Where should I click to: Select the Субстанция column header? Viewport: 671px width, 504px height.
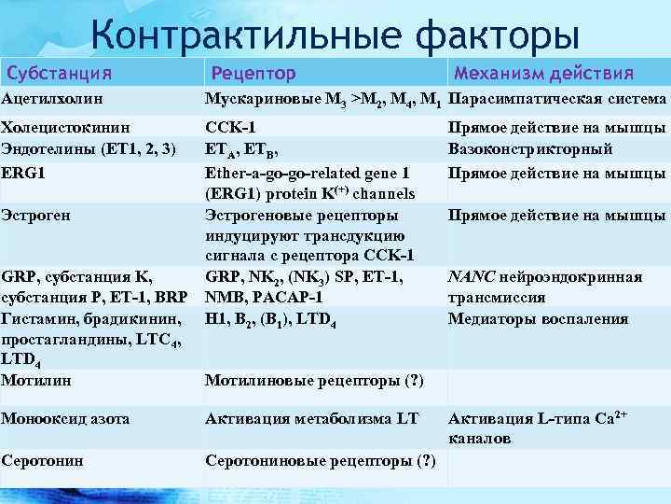(60, 73)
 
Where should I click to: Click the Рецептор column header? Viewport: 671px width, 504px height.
(253, 73)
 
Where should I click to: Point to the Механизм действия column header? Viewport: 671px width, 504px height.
(542, 73)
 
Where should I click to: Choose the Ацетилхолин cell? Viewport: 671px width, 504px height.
(52, 98)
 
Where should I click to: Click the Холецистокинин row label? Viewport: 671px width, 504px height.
(65, 127)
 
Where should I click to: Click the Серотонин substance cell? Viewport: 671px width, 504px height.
(43, 460)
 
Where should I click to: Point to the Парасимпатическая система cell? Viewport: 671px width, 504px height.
(557, 98)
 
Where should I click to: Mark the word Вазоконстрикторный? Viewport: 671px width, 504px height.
(529, 148)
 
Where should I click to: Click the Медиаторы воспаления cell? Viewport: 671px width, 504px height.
(538, 318)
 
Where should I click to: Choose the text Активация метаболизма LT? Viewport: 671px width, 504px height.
(311, 419)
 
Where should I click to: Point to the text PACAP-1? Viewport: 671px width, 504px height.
(289, 298)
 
